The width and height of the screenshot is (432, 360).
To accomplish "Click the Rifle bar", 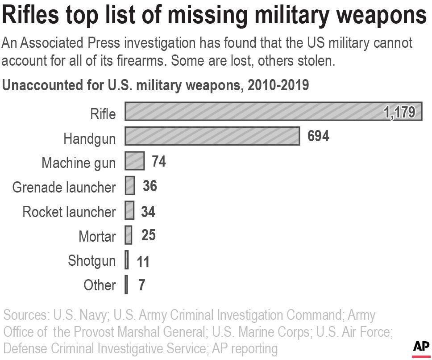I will [250, 112].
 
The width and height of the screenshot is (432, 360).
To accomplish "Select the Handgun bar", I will [212, 136].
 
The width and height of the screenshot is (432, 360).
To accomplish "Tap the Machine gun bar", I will [134, 161].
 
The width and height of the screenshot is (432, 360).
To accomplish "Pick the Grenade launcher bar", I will [130, 186].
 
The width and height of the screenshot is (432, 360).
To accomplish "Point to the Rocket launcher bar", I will [129, 210].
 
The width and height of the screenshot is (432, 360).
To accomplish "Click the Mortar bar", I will [129, 235].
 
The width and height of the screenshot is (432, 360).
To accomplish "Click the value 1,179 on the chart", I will [399, 112].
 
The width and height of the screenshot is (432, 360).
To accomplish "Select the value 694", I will [318, 136].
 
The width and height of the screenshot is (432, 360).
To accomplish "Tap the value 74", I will [158, 161].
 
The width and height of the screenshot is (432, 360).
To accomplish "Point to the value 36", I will [150, 186].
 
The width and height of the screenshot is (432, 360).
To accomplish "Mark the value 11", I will [143, 261].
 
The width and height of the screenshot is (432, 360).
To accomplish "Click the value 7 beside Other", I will [141, 285].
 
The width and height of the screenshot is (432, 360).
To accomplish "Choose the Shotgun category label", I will [91, 260].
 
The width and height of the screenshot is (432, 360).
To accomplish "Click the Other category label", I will [100, 285].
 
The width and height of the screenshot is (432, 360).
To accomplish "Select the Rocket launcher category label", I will [69, 211].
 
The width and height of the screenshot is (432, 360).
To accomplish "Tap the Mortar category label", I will [97, 236].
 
